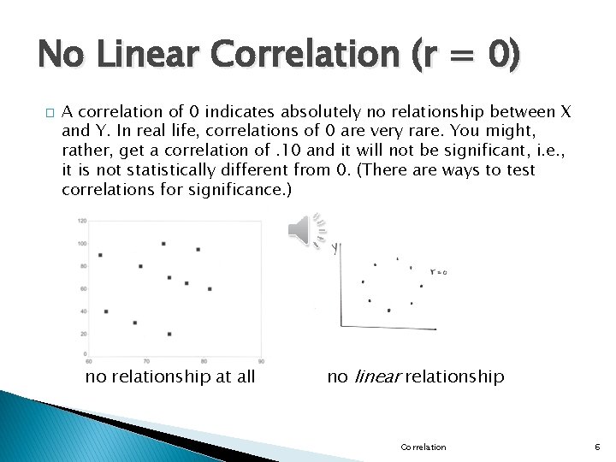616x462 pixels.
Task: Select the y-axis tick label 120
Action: (x=82, y=222)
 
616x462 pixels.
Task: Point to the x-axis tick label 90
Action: (x=260, y=361)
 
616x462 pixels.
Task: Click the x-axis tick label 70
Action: (x=146, y=361)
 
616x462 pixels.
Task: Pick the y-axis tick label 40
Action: (x=83, y=310)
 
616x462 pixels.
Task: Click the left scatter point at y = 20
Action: (x=169, y=333)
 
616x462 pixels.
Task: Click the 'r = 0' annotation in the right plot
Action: (x=439, y=272)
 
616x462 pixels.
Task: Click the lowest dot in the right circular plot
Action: (x=389, y=311)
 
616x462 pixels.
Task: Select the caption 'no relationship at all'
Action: (x=169, y=376)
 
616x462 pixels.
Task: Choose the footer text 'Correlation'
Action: (x=423, y=447)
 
